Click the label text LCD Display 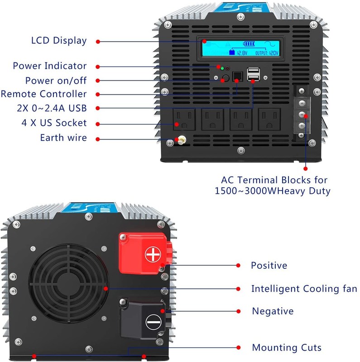point(58,40)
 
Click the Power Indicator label point(49,66)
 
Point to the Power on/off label point(49,80)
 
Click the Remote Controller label point(43,94)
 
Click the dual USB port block point(253,75)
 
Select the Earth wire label point(63,138)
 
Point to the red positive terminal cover point(146,253)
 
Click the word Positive point(269,266)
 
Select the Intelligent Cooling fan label point(304,289)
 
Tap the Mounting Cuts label point(287,348)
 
